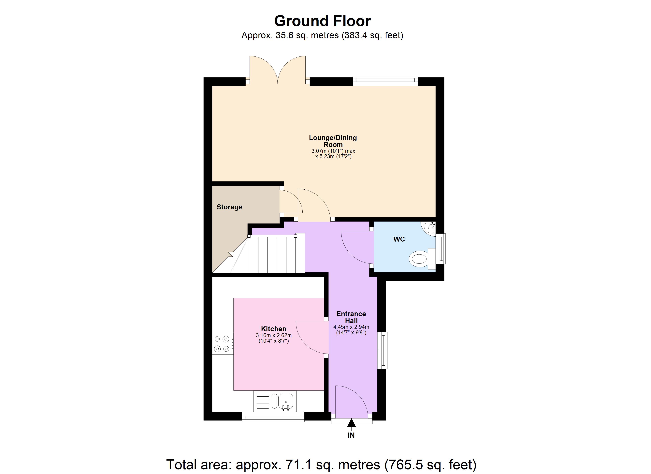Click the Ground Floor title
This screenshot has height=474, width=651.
pyautogui.click(x=322, y=21)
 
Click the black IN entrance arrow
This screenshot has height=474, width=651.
pyautogui.click(x=351, y=423)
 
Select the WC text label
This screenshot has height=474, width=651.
pyautogui.click(x=399, y=239)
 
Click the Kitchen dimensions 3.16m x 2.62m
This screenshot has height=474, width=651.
pyautogui.click(x=274, y=335)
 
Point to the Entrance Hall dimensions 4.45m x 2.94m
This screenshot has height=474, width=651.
pyautogui.click(x=351, y=327)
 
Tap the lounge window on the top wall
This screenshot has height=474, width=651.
pyautogui.click(x=385, y=81)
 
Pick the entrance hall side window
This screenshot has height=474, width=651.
pyautogui.click(x=382, y=350)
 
